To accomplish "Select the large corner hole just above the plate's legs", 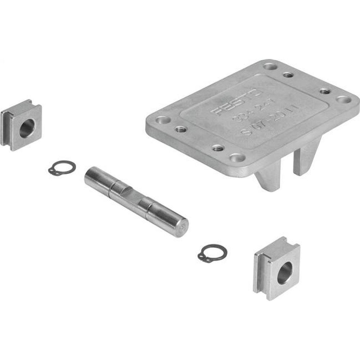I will point(236,157).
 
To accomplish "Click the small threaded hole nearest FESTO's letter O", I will point(288,75).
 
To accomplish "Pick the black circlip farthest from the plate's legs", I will point(62,167).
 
